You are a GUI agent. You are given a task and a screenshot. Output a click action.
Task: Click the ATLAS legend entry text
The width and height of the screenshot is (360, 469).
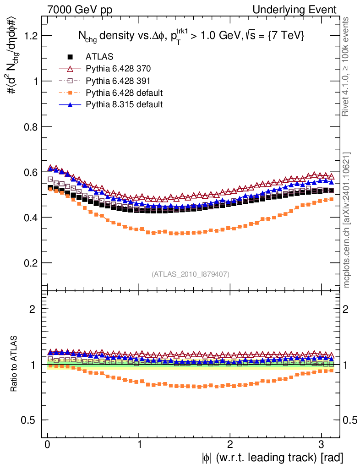pos(99,57)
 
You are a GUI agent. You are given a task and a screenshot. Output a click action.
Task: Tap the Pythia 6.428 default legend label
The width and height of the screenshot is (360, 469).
pos(124,93)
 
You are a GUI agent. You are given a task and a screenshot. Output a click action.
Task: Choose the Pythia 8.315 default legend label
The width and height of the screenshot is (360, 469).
pos(124,104)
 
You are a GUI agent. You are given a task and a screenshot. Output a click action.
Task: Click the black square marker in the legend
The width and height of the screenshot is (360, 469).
pos(71,57)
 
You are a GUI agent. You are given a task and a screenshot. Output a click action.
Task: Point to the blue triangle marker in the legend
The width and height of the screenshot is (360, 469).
pos(71,105)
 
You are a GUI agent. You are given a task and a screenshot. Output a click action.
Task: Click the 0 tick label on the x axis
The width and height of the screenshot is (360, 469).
pos(48,445)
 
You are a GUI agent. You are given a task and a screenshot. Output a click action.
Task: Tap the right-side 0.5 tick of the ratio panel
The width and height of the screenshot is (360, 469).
pos(350,420)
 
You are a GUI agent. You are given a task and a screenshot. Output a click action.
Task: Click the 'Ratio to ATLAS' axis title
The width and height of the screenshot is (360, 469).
pos(15,364)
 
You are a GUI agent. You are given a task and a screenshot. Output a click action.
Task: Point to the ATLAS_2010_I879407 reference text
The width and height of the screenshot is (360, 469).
pos(191,274)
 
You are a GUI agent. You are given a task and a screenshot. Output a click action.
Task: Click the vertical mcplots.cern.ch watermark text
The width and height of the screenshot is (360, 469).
pos(348,220)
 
